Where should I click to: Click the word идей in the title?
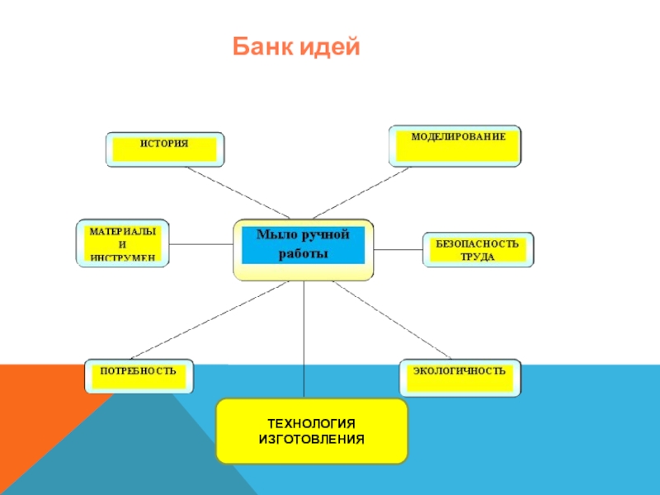(330, 48)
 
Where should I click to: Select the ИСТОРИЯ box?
(164, 148)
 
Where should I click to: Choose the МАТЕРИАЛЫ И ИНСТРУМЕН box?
(122, 244)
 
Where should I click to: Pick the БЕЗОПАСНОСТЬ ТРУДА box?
(478, 249)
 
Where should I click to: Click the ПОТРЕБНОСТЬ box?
(139, 376)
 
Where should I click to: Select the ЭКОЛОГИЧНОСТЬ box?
(460, 376)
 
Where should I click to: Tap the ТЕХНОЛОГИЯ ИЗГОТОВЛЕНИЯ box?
(311, 431)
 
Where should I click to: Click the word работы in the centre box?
(304, 254)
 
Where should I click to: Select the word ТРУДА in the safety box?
(478, 257)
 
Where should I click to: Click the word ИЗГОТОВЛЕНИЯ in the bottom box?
(311, 440)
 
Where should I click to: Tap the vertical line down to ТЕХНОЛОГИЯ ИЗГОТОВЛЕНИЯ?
(304, 338)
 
